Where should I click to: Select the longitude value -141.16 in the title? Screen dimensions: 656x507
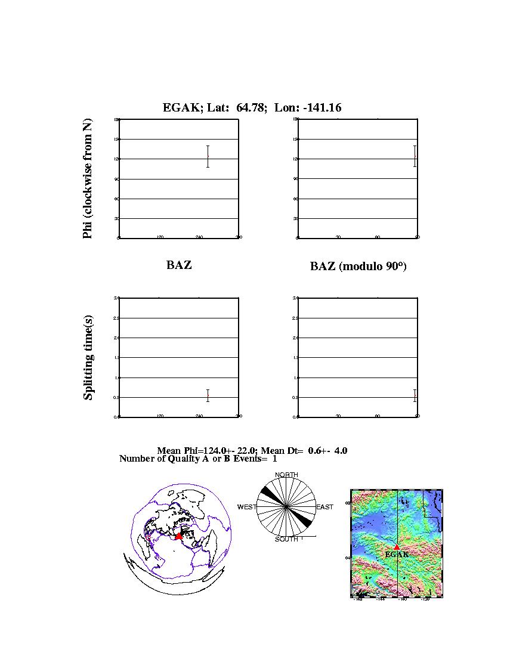320,107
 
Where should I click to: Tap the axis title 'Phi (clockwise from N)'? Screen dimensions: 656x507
88,179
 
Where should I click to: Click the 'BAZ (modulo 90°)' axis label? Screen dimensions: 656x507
358,267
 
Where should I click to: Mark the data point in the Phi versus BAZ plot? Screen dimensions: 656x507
208,156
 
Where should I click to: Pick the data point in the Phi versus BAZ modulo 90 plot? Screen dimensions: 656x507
415,156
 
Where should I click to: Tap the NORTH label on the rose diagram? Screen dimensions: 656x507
286,475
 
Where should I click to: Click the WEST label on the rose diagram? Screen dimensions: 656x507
247,507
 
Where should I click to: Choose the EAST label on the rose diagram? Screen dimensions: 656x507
324,507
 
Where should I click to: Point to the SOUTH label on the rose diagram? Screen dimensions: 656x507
286,539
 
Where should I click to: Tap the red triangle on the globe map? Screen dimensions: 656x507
178,536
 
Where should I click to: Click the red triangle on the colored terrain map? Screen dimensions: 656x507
397,547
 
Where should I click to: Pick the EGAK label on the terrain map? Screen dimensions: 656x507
397,555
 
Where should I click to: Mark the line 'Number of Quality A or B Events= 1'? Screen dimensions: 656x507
198,459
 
